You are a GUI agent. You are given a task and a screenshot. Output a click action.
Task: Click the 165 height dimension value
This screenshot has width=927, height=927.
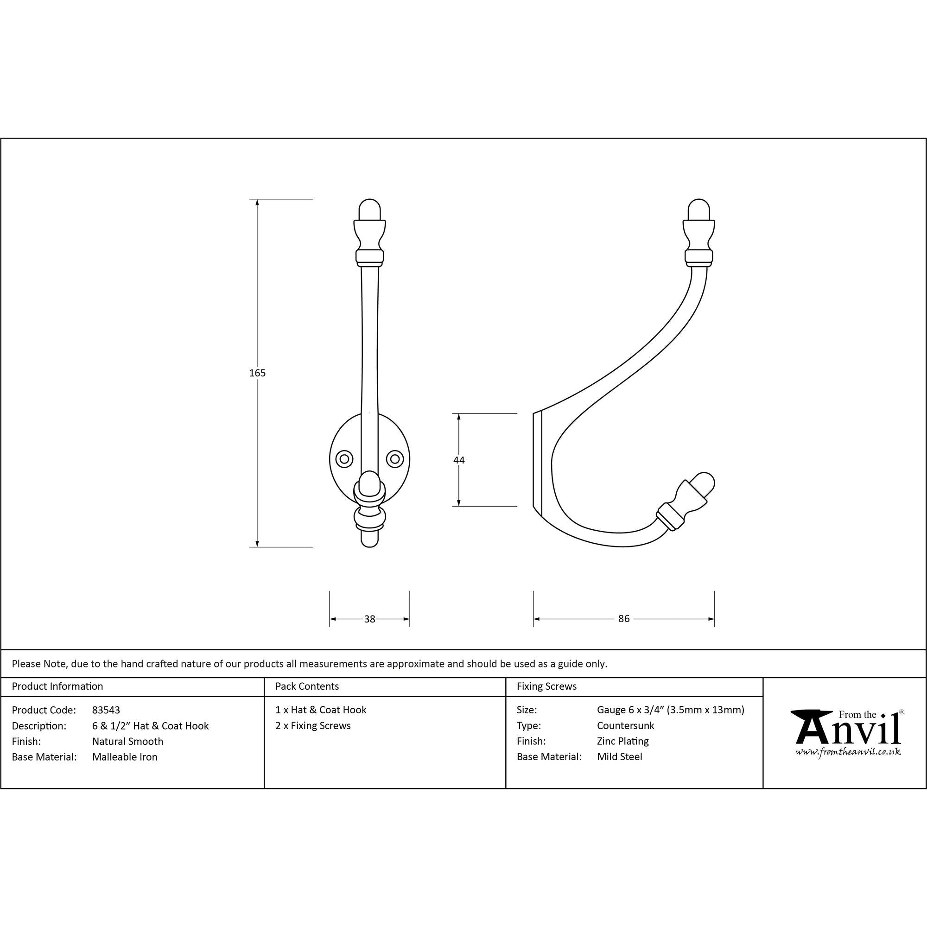pyautogui.click(x=257, y=373)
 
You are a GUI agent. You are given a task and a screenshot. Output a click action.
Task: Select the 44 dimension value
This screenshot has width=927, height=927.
pyautogui.click(x=459, y=460)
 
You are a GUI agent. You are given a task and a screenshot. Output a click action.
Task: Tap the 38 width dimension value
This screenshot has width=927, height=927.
pyautogui.click(x=369, y=619)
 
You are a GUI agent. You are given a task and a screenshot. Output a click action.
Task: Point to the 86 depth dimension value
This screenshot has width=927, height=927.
pyautogui.click(x=624, y=619)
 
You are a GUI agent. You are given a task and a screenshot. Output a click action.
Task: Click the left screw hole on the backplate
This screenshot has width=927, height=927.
pyautogui.click(x=344, y=459)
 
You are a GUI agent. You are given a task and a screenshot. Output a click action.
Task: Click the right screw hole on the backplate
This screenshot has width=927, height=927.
pyautogui.click(x=395, y=459)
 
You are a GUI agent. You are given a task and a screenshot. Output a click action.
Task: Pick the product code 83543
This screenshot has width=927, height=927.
pyautogui.click(x=106, y=710)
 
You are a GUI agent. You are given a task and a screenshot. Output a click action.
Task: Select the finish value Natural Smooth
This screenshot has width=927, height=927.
pyautogui.click(x=127, y=741)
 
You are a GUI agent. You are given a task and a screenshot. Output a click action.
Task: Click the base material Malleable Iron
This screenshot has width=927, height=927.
pyautogui.click(x=125, y=757)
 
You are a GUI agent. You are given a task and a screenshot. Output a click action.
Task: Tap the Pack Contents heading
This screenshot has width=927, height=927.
pyautogui.click(x=307, y=686)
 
